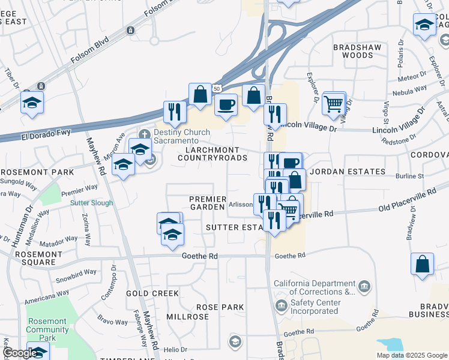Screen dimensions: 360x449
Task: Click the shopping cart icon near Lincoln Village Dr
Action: point(334,103)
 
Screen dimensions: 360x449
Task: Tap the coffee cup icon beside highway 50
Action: point(226,104)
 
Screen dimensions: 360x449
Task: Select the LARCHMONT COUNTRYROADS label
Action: point(212,154)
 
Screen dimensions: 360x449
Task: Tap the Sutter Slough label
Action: point(91,203)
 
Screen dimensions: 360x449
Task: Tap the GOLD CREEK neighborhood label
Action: point(152,293)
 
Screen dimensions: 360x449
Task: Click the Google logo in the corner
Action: point(20,353)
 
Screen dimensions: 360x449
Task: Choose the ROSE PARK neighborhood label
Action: point(220,307)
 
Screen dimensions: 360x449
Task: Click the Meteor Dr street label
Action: point(412,77)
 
